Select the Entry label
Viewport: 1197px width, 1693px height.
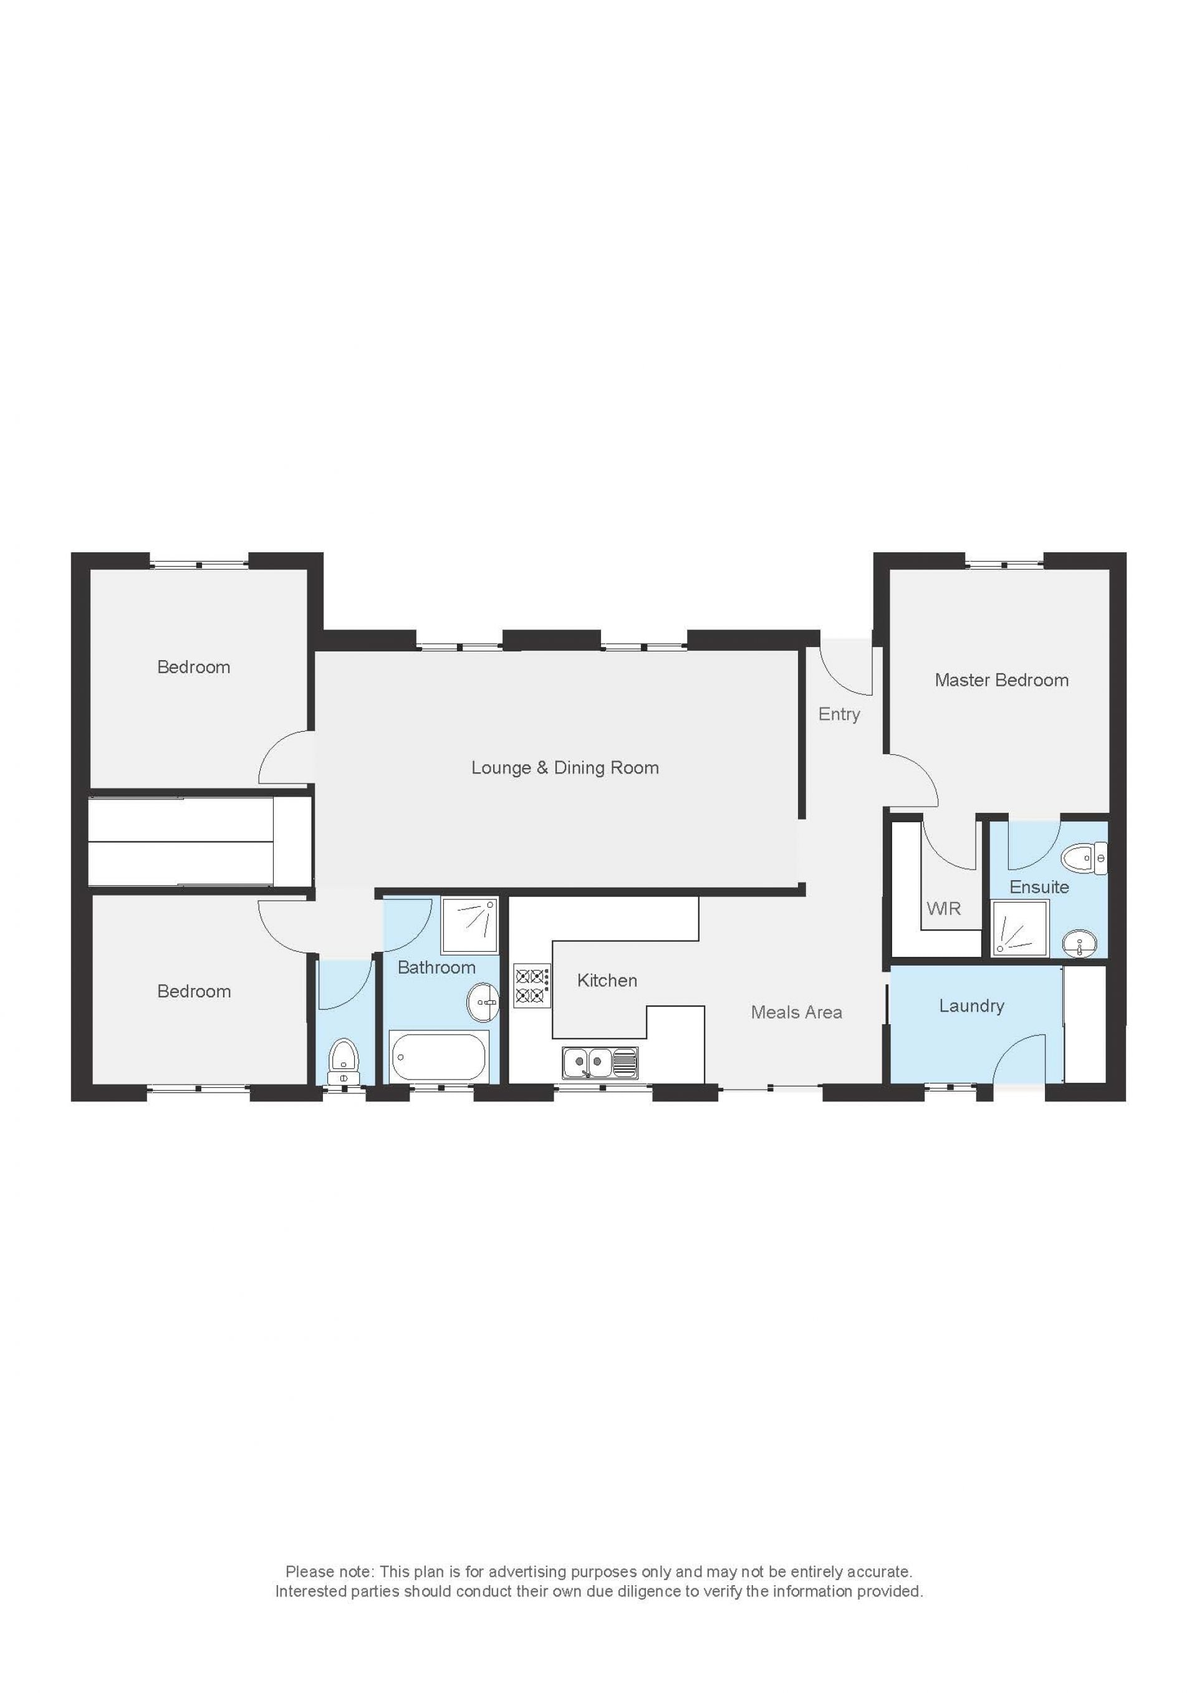coord(839,714)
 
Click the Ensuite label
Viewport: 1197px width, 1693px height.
coord(1039,887)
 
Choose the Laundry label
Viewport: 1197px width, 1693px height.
coord(971,1007)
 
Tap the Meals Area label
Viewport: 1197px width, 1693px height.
coord(797,1012)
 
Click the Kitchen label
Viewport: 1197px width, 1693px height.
coord(607,981)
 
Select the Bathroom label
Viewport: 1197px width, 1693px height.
coord(436,967)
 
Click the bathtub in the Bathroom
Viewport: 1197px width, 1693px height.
coord(438,1057)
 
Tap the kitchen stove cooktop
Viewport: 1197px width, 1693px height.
coord(532,987)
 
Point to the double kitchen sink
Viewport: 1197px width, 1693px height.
coord(600,1063)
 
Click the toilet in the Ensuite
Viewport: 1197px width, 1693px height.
coord(1084,859)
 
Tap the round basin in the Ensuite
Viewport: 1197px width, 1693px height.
coord(1079,943)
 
